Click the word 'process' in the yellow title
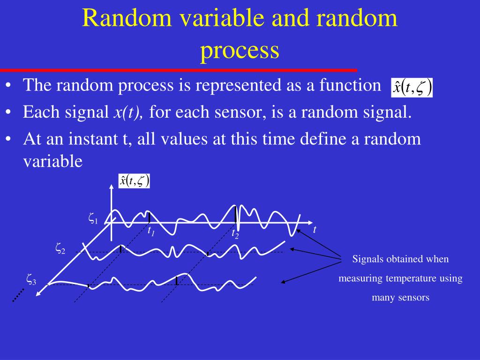pos(240,51)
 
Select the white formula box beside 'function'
pos(412,88)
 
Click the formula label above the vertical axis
pos(134,181)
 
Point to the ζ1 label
pos(93,218)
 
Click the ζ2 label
pos(60,248)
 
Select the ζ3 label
pos(31,280)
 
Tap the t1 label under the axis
pos(151,231)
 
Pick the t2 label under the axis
pos(235,234)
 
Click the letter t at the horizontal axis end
pos(315,229)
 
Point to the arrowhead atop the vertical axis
pos(112,187)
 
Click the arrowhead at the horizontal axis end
pos(310,223)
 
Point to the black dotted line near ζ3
pos(18,295)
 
